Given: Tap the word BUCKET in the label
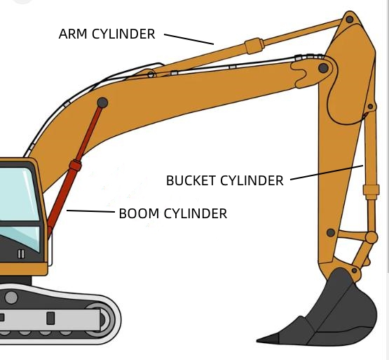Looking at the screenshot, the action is click(191, 180).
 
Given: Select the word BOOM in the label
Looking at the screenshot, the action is click(139, 213).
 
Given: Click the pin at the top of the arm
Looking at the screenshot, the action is click(350, 19).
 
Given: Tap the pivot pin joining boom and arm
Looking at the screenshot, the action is click(323, 68).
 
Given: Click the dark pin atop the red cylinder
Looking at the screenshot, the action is click(102, 102).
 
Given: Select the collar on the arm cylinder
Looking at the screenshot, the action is click(254, 46).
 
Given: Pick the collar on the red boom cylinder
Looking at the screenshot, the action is click(75, 166).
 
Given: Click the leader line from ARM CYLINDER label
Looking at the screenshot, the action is click(189, 39).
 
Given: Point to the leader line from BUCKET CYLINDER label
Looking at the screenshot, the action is click(327, 172).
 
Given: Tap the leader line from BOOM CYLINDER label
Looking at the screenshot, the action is click(91, 211).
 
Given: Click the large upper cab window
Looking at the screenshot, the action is click(20, 194).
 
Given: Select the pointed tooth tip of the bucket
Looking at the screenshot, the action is click(257, 340).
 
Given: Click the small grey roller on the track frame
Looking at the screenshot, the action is click(11, 298).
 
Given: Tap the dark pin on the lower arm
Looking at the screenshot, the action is click(331, 232).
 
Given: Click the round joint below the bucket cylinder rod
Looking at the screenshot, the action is click(371, 237).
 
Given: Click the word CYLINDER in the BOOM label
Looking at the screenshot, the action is click(196, 213).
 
